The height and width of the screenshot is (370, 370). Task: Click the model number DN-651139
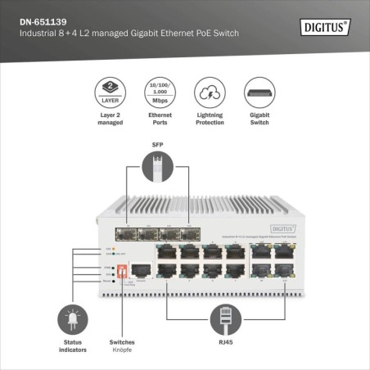(x=46, y=20)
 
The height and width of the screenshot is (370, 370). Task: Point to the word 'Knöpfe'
(x=122, y=350)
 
